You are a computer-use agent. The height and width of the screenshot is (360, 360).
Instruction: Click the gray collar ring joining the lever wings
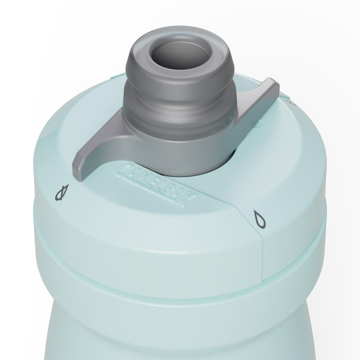pyautogui.click(x=190, y=149)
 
